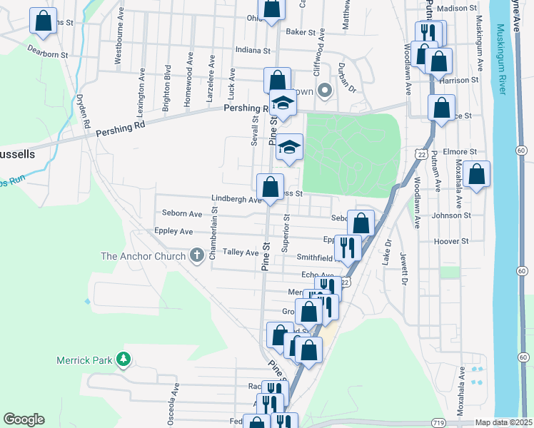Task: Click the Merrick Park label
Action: point(85,360)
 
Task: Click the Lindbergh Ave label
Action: point(236,200)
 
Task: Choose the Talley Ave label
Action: point(241,253)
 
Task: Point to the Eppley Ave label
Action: point(173,232)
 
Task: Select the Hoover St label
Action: point(451,241)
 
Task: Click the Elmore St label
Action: point(459,152)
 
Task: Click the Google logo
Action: point(24,419)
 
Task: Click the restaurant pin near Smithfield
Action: point(348,248)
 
